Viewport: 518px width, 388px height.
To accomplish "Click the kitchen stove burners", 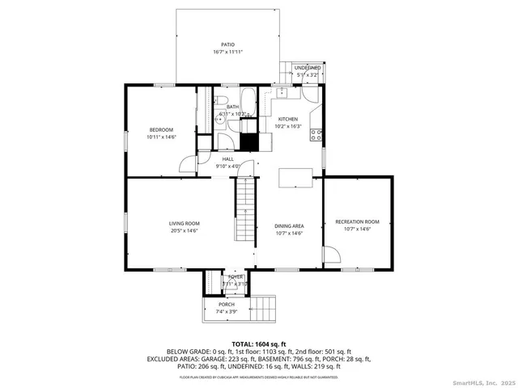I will click(317, 135).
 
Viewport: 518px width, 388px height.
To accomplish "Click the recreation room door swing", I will click(331, 256).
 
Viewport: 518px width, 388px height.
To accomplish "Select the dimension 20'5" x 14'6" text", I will click(185, 231).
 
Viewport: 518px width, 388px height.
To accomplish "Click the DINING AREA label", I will click(288, 226).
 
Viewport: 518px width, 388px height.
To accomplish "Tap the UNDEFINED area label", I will click(307, 68).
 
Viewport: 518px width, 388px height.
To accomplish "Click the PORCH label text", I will click(226, 304).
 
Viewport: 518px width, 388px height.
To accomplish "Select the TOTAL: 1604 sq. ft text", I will click(259, 344).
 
